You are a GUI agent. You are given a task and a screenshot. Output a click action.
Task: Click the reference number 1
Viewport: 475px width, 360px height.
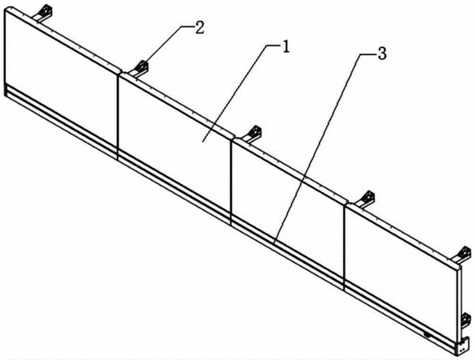[x=286, y=47]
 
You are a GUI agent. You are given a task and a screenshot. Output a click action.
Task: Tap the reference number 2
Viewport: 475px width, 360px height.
[x=200, y=28]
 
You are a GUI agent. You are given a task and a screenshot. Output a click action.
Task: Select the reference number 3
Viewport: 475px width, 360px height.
[x=382, y=54]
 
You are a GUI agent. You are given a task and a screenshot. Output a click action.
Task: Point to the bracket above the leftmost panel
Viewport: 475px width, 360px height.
[x=44, y=13]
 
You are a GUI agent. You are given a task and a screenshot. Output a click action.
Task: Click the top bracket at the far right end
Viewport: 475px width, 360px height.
[x=462, y=255]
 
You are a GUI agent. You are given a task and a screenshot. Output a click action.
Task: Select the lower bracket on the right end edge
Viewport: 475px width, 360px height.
[x=466, y=321]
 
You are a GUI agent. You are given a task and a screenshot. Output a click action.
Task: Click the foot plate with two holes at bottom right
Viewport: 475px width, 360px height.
[x=462, y=348]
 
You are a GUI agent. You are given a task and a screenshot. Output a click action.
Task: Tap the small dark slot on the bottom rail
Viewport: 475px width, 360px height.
[x=428, y=335]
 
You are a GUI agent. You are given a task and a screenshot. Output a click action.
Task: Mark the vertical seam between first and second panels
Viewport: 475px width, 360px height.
[x=118, y=117]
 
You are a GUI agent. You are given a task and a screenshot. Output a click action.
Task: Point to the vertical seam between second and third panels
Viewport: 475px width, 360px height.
[x=230, y=182]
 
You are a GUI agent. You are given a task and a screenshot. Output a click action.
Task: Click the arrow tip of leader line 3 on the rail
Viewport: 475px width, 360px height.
[x=273, y=242]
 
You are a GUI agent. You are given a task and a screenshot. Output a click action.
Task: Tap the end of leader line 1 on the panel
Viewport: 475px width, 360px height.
[x=202, y=142]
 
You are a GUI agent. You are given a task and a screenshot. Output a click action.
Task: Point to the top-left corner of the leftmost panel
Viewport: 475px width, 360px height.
[x=5, y=10]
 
